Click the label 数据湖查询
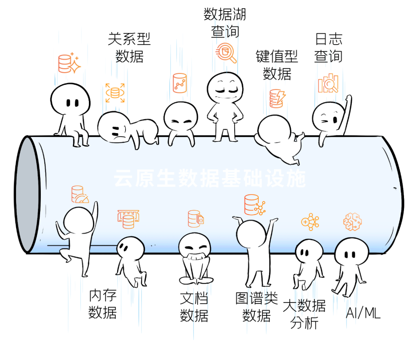pyautogui.click(x=225, y=23)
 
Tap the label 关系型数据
pyautogui.click(x=129, y=48)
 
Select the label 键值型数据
pyautogui.click(x=277, y=65)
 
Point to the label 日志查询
pyautogui.click(x=328, y=48)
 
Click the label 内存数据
pyautogui.click(x=103, y=304)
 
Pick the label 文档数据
pyautogui.click(x=194, y=307)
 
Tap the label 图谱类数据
pyautogui.click(x=256, y=307)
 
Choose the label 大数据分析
pyautogui.click(x=304, y=314)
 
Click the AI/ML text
pyautogui.click(x=363, y=313)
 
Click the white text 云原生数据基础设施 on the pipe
pyautogui.click(x=210, y=178)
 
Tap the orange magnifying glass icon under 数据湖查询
pyautogui.click(x=226, y=53)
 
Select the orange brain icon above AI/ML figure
pyautogui.click(x=352, y=222)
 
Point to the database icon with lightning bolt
pyautogui.click(x=277, y=98)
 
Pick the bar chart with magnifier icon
pyautogui.click(x=328, y=83)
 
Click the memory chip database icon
pyautogui.click(x=128, y=219)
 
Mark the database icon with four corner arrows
pyautogui.click(x=115, y=93)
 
